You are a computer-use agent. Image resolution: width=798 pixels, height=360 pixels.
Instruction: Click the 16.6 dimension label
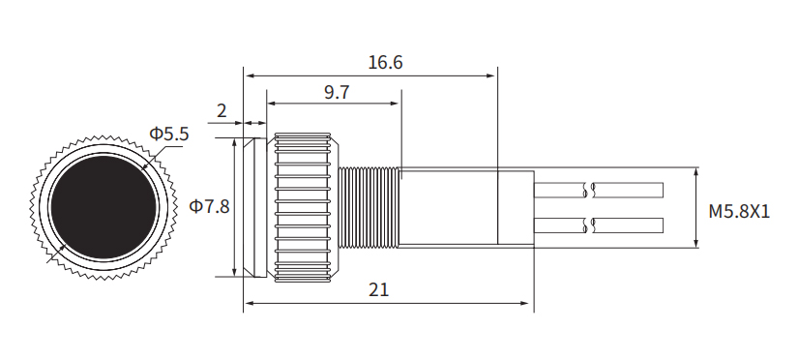click(x=385, y=63)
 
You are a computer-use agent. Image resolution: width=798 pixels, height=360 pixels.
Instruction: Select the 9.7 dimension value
click(x=337, y=92)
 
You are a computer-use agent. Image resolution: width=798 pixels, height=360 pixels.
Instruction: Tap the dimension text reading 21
click(x=379, y=290)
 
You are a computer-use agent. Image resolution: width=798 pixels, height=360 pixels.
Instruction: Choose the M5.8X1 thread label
click(x=738, y=210)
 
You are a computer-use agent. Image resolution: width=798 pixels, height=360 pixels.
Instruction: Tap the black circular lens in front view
click(x=103, y=206)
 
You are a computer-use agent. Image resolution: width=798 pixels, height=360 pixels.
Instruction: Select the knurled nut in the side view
click(x=306, y=207)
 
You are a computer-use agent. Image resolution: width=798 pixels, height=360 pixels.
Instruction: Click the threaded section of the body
click(x=369, y=207)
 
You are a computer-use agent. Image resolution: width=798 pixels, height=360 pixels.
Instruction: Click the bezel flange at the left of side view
click(x=254, y=207)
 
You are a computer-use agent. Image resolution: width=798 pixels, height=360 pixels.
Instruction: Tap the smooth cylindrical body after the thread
click(x=464, y=207)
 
